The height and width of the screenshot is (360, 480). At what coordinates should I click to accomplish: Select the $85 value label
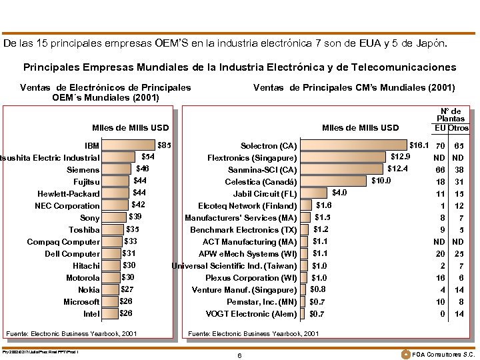[163, 145]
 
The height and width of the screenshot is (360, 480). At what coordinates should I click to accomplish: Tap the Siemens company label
[83, 170]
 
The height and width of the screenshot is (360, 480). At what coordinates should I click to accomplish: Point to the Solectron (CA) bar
[353, 145]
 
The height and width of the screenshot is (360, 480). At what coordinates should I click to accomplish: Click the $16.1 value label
[419, 145]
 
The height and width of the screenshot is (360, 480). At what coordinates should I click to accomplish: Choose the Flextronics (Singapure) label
[252, 158]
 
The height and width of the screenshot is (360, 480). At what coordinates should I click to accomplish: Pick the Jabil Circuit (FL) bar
[315, 193]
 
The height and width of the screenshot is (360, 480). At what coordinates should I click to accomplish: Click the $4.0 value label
[339, 193]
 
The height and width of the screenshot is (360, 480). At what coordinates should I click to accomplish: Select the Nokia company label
[89, 290]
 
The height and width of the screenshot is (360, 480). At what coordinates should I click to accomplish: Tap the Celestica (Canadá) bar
[334, 181]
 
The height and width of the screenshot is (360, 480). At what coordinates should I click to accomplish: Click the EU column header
[440, 128]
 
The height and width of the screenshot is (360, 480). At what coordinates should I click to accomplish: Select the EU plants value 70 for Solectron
[440, 145]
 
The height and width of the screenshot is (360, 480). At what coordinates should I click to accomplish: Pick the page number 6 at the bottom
[239, 355]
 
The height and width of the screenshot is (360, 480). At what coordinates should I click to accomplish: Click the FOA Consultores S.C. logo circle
[405, 353]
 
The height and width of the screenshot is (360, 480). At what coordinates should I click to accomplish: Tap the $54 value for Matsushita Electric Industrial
[149, 157]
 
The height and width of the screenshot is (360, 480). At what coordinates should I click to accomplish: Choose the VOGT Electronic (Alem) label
[251, 314]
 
